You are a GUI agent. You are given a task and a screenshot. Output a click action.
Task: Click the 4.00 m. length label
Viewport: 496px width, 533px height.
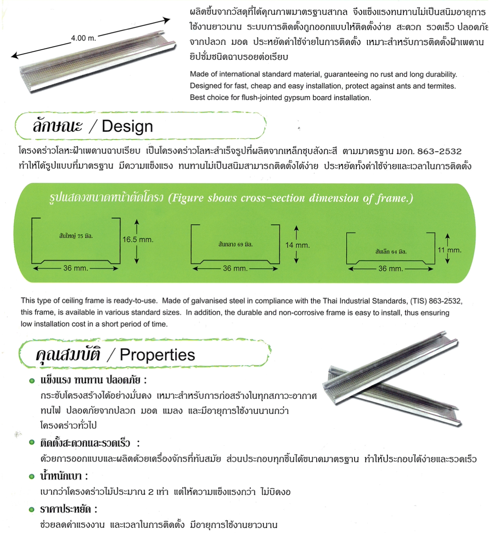(84, 38)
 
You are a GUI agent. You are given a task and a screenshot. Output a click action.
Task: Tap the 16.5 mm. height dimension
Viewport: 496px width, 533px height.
(138, 239)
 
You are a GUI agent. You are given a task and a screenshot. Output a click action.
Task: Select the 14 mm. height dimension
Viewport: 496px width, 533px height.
(297, 245)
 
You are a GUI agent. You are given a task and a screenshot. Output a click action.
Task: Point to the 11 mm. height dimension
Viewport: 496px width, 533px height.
(449, 250)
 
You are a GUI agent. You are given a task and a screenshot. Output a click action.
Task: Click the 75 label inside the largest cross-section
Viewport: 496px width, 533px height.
(80, 236)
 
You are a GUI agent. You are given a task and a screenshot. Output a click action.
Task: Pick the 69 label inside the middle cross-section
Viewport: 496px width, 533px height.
(240, 244)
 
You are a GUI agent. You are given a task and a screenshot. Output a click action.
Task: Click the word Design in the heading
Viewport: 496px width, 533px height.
(127, 126)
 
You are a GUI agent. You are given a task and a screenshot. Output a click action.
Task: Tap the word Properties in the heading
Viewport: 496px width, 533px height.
(157, 355)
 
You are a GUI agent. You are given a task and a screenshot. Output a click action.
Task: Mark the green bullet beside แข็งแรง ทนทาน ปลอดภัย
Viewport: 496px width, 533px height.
(32, 381)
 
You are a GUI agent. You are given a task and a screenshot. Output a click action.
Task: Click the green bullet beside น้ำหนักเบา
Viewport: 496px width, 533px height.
(32, 476)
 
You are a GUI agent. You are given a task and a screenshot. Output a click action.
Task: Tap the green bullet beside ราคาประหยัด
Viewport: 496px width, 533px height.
(32, 510)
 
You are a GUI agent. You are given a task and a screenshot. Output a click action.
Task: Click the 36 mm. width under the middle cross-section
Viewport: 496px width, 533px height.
(235, 269)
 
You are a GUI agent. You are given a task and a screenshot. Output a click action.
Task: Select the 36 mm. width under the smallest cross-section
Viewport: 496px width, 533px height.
(391, 269)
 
